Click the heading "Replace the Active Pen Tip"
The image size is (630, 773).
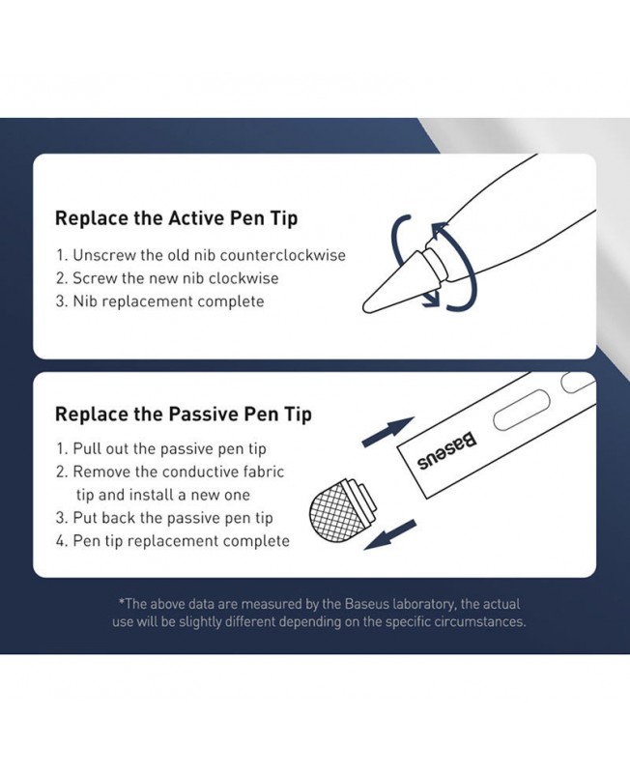(176, 218)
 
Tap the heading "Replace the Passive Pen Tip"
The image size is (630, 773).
(183, 414)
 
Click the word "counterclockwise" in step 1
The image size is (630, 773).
(282, 255)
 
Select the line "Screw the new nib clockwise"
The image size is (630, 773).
(176, 278)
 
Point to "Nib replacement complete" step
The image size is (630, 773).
(168, 301)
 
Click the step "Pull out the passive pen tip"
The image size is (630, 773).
(169, 449)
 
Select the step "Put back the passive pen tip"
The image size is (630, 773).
(173, 518)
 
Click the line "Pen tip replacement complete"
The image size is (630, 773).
(181, 541)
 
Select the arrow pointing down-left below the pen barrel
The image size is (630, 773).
(390, 535)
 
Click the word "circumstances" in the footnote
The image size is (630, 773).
(479, 621)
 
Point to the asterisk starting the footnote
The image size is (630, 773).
(122, 601)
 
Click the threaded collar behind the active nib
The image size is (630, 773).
(436, 261)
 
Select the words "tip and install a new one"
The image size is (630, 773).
(162, 495)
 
